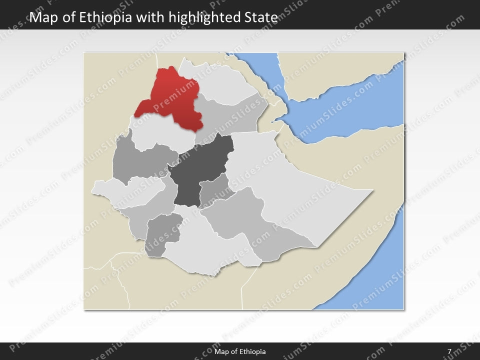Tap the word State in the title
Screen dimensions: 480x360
point(259,17)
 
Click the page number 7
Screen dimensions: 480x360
point(449,351)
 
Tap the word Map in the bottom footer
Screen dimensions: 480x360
point(221,351)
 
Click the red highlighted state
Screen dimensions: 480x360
point(172,100)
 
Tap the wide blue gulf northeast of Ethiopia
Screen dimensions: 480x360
point(350,110)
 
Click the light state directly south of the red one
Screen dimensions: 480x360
point(155,131)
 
